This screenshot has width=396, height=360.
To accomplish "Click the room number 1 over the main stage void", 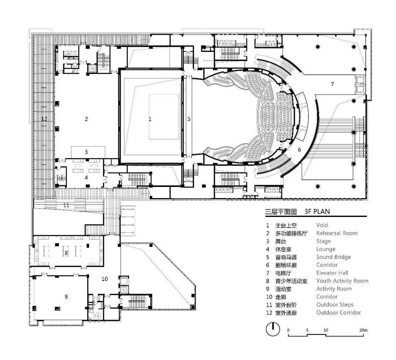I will pyautogui.click(x=150, y=119).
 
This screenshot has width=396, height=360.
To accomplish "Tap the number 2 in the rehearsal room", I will pyautogui.click(x=86, y=119).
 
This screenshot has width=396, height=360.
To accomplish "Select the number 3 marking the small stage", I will pyautogui.click(x=86, y=152).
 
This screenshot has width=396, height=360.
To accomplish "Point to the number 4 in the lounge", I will pyautogui.click(x=86, y=177).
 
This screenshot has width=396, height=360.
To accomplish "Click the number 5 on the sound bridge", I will pyautogui.click(x=189, y=119).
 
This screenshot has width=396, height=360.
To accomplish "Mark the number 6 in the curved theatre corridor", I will pyautogui.click(x=299, y=150).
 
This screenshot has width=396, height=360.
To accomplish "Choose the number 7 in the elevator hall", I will pyautogui.click(x=332, y=84).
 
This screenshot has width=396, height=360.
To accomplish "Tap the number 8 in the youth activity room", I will pyautogui.click(x=66, y=253).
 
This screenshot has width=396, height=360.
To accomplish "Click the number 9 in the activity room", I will pyautogui.click(x=66, y=297).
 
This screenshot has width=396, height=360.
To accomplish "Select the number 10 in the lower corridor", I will pyautogui.click(x=105, y=279).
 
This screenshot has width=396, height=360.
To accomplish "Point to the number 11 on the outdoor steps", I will pyautogui.click(x=66, y=205).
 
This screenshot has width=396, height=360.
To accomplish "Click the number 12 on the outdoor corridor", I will pyautogui.click(x=44, y=119).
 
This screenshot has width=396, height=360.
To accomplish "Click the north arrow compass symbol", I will pyautogui.click(x=273, y=329).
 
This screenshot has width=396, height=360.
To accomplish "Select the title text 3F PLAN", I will pyautogui.click(x=317, y=211).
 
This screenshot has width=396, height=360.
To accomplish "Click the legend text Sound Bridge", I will pyautogui.click(x=333, y=257).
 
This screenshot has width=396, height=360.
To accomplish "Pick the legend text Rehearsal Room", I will pyautogui.click(x=337, y=233).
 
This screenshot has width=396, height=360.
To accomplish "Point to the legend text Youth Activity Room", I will pyautogui.click(x=342, y=281).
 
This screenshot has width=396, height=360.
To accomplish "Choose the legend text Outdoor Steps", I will pyautogui.click(x=335, y=305).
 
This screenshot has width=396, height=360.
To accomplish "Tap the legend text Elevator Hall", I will pyautogui.click(x=332, y=273).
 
